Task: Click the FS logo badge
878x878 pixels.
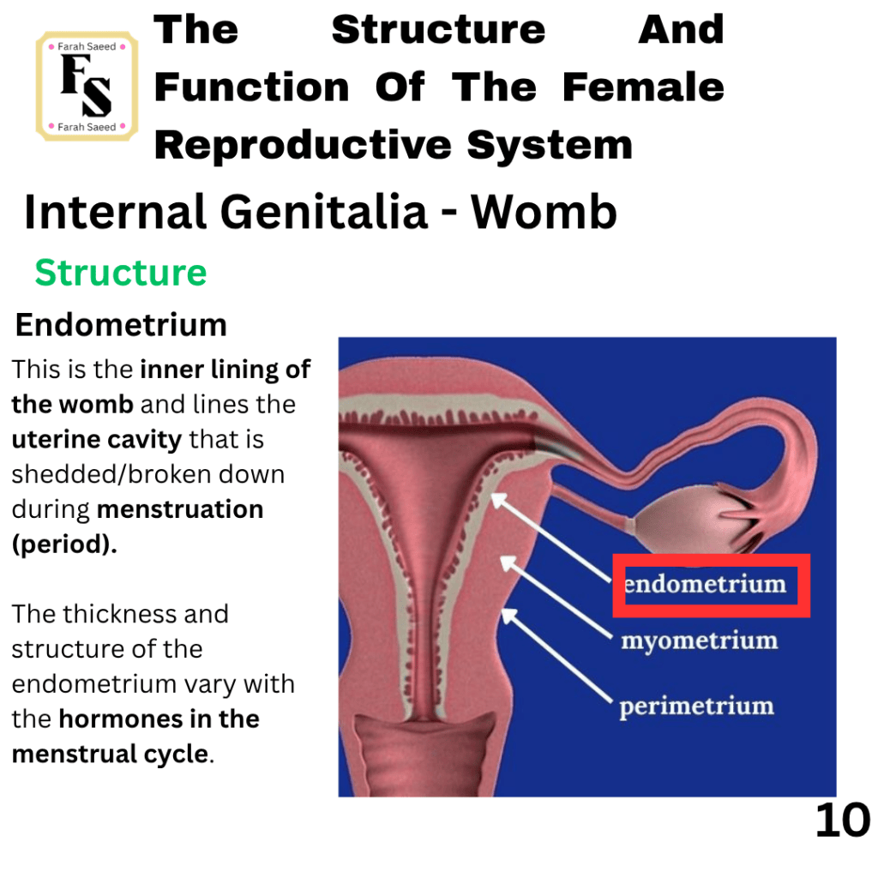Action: point(87,86)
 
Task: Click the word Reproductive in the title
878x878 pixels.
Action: point(303,145)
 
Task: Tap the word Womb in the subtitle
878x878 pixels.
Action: point(544,212)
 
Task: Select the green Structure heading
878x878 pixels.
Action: point(121,274)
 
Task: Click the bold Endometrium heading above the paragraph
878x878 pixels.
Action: point(121,325)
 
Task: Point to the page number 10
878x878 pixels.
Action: point(842,821)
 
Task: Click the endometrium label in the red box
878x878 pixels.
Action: point(706,584)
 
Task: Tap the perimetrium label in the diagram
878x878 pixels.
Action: point(696,707)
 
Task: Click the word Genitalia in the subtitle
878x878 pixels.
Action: point(324,212)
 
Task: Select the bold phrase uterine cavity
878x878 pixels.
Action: point(96,440)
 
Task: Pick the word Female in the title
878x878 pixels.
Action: point(643,87)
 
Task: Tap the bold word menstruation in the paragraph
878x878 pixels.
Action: point(180,509)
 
